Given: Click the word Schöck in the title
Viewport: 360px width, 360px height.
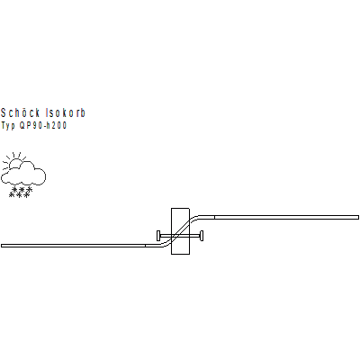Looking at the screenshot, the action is click(21, 112).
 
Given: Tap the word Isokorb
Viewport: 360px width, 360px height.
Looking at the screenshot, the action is click(66, 112).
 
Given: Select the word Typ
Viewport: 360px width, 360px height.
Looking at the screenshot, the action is click(8, 126).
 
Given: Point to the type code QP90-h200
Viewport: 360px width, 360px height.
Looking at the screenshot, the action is click(43, 125).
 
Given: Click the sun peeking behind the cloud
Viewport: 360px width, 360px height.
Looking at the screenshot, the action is click(14, 163).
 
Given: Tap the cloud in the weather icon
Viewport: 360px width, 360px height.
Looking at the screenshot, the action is click(24, 174).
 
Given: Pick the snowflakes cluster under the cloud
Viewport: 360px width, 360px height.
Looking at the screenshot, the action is click(21, 193).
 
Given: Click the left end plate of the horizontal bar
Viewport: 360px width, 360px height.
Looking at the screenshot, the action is click(158, 236).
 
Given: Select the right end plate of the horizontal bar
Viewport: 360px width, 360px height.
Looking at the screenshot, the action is click(202, 236).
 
